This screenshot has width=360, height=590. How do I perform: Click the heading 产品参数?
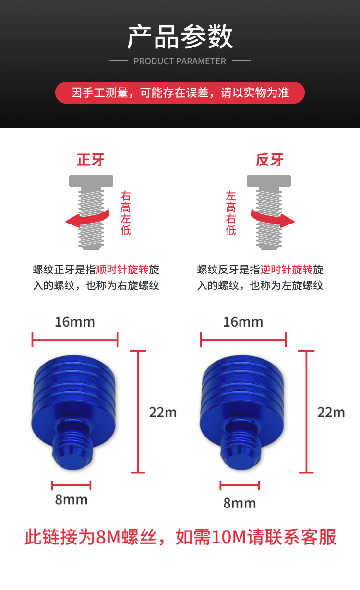click(180, 37)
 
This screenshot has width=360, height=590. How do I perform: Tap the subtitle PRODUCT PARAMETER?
click(180, 61)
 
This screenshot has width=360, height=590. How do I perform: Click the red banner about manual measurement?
click(180, 93)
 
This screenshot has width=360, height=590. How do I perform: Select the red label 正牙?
click(91, 160)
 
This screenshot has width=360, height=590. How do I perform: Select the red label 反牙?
click(269, 160)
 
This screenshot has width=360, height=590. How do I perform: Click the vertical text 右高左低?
click(126, 213)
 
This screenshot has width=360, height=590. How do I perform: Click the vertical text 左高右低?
click(231, 213)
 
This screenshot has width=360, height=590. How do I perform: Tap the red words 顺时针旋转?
click(122, 269)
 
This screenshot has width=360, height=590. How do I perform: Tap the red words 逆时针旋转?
click(287, 269)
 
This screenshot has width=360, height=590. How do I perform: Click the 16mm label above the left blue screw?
click(74, 321)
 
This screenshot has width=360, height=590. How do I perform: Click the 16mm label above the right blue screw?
click(243, 321)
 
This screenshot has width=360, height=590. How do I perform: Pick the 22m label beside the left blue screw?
click(163, 412)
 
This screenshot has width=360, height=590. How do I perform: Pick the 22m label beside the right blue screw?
click(331, 412)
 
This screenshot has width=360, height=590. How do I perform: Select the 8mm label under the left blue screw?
click(71, 499)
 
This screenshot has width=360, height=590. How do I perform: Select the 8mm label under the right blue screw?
click(240, 503)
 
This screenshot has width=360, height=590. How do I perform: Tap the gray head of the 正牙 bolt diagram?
click(91, 180)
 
